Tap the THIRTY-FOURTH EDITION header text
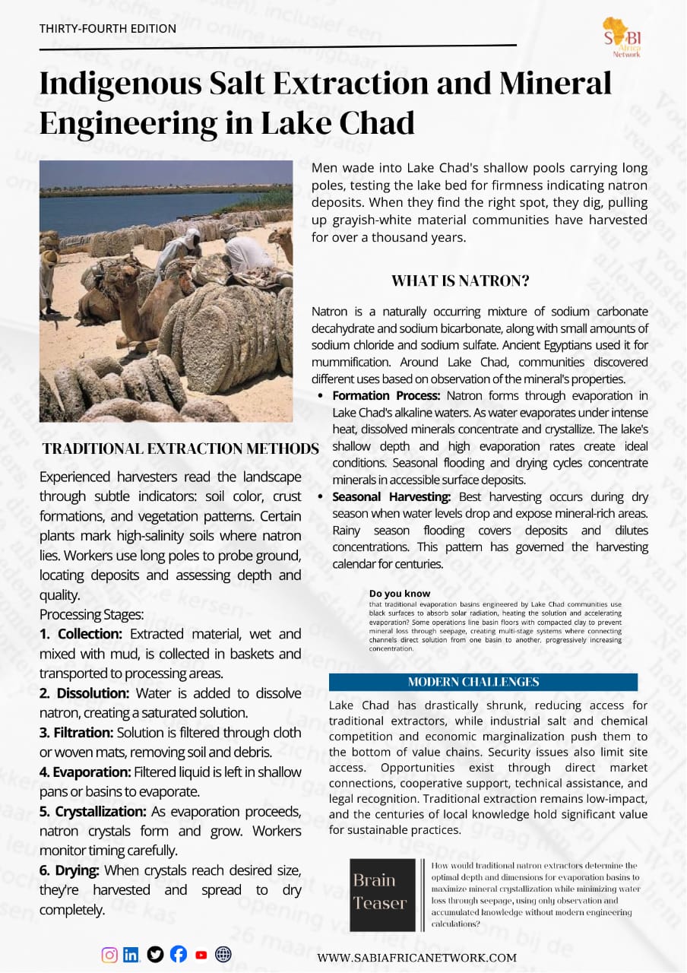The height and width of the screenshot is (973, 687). point(108,29)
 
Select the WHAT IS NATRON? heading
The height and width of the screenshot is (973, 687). point(460,280)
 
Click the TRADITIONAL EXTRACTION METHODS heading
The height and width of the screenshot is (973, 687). point(180,448)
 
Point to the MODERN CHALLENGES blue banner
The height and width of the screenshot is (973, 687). point(483,682)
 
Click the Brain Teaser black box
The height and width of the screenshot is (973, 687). point(382,895)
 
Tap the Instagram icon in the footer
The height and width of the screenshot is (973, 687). point(109,955)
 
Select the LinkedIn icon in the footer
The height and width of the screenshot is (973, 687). point(131,955)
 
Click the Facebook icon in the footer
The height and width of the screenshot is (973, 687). point(178,955)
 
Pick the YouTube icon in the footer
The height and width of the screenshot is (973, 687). point(201,956)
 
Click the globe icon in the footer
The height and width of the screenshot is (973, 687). point(223,955)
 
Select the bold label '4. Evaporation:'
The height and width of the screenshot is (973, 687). point(89,772)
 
